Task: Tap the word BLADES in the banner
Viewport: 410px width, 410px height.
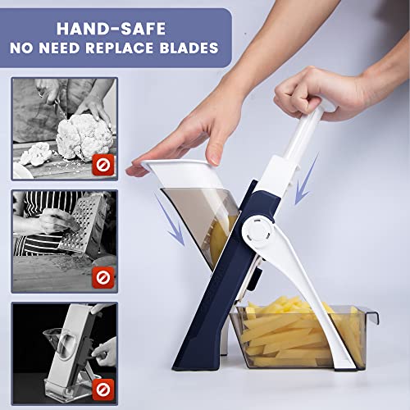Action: point(187,48)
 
